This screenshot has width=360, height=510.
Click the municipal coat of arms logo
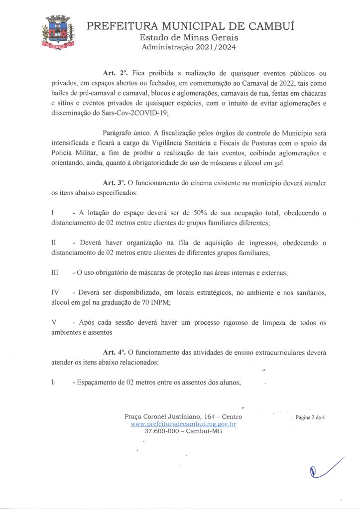(58, 33)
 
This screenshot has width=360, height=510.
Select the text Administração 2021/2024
(189, 48)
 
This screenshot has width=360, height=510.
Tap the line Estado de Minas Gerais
(189, 38)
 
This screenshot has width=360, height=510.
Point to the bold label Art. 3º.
(113, 183)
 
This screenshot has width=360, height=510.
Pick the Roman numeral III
(55, 273)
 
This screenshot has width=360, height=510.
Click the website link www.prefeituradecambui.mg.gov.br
(183, 424)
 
